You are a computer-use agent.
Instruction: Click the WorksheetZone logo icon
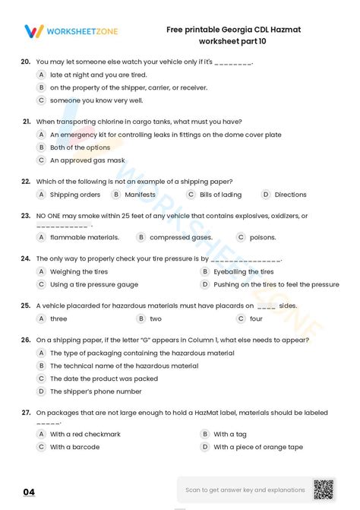[34, 30]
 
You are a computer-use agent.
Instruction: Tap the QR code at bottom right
[324, 489]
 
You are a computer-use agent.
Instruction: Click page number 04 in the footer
[29, 492]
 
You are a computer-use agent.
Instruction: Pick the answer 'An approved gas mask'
[87, 160]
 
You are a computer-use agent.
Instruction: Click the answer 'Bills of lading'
[220, 195]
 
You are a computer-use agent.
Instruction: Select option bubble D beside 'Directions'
[266, 195]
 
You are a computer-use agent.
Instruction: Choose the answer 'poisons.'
[263, 237]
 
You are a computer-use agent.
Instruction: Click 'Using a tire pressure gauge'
[94, 284]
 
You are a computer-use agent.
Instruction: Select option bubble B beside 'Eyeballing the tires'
[204, 271]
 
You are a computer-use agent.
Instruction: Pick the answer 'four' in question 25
[256, 318]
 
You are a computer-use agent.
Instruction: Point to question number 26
[26, 340]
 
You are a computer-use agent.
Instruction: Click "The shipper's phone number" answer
[96, 391]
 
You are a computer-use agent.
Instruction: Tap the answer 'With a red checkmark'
[85, 434]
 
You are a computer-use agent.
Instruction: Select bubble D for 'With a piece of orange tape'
[204, 447]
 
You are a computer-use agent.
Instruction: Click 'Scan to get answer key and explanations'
[245, 489]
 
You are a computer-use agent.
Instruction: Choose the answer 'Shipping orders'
[75, 195]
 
